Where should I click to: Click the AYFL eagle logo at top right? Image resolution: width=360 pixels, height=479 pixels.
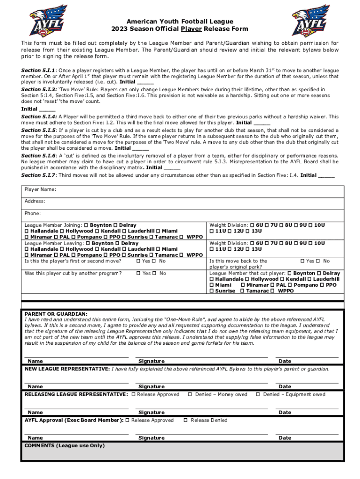(311, 21)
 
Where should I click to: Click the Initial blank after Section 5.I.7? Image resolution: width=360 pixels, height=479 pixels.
(326, 175)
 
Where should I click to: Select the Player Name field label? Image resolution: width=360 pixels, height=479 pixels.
(40, 189)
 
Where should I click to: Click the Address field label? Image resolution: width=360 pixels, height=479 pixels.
(35, 201)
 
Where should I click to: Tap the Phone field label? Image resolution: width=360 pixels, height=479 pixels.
(33, 213)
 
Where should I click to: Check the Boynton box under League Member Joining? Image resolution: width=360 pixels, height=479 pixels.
(86, 225)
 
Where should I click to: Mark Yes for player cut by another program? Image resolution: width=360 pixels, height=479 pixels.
(138, 273)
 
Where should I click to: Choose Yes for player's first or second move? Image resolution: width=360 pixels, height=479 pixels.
(138, 261)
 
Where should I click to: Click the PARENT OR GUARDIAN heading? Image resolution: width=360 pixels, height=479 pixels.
(56, 314)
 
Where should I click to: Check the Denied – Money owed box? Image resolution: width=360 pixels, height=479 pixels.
(190, 394)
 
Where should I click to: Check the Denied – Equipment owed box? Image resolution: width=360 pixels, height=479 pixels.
(258, 394)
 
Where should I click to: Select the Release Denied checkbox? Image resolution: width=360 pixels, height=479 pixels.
(186, 420)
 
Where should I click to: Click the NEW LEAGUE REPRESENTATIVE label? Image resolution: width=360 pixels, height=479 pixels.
(67, 369)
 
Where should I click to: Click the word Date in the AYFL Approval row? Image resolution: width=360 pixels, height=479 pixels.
(285, 438)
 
